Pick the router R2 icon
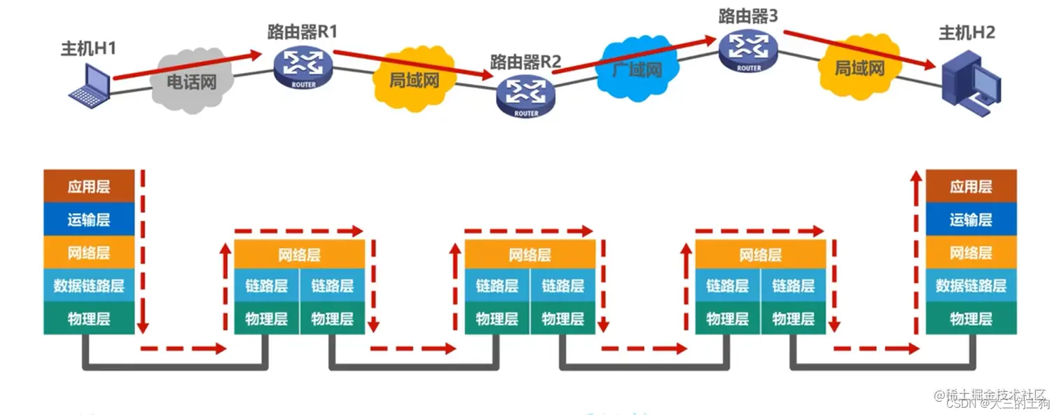click(525, 97)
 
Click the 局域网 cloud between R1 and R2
click(413, 79)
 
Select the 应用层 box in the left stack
click(89, 186)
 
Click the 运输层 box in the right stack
click(971, 219)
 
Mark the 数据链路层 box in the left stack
click(89, 285)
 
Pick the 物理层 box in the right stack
click(971, 319)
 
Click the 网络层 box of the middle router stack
click(530, 254)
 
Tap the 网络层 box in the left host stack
click(89, 252)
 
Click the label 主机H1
click(88, 48)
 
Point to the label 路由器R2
click(525, 62)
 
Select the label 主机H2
click(967, 32)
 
